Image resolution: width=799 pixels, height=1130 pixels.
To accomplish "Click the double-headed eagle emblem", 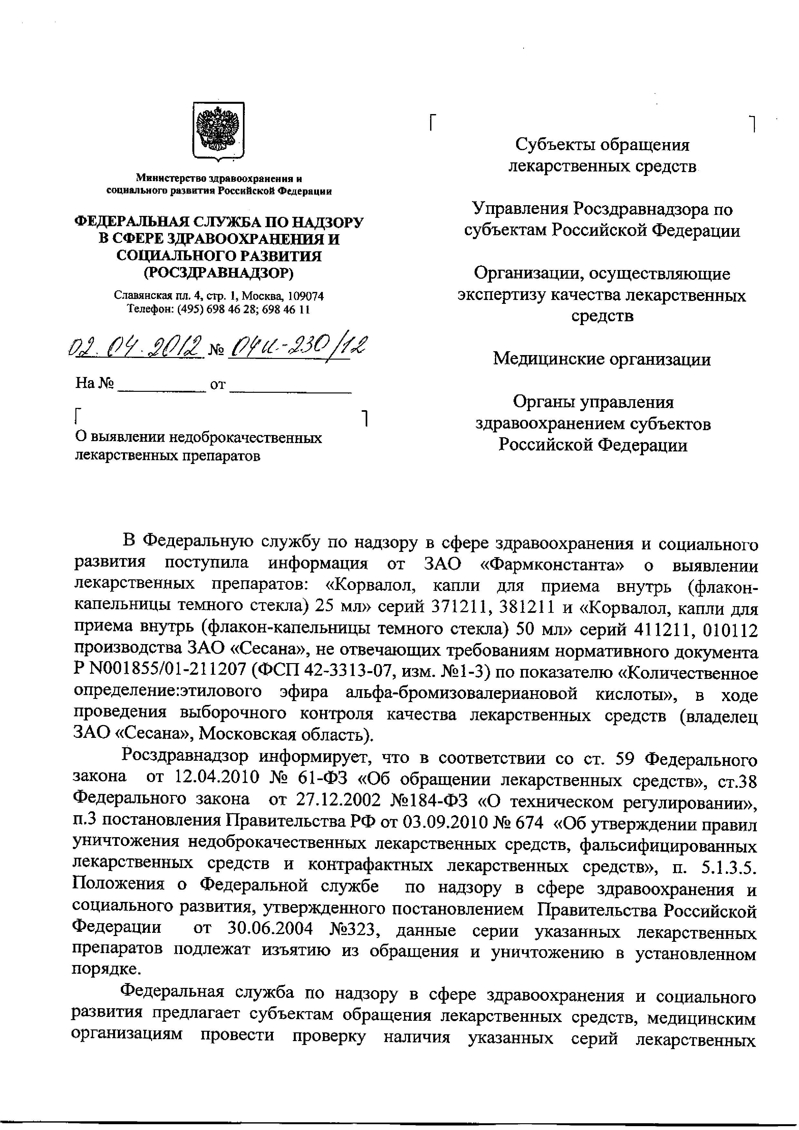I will (x=218, y=131).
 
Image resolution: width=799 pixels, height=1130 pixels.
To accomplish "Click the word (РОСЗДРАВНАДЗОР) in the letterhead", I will (x=218, y=272).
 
